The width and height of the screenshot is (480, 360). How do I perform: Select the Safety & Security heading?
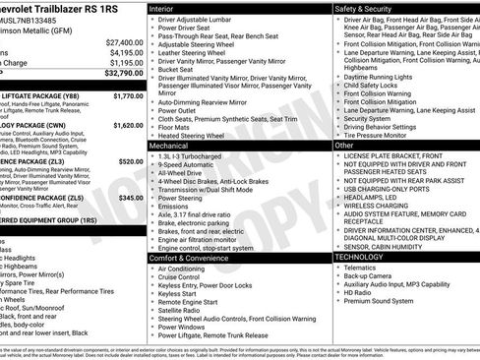point(367,8)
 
